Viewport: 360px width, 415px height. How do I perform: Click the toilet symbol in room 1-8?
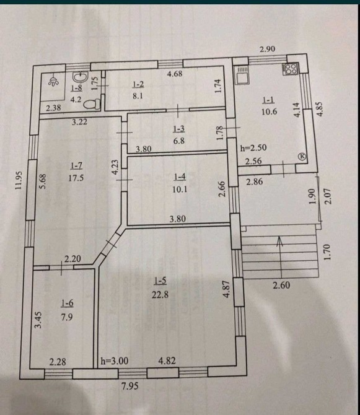tap(92, 104)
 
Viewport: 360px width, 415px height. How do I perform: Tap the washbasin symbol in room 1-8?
tap(81, 77)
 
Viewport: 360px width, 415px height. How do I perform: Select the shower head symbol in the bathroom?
tap(53, 82)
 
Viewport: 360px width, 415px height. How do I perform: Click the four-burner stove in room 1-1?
tap(291, 69)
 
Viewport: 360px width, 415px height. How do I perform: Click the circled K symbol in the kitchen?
tap(302, 156)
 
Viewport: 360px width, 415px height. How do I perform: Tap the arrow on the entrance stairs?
tap(280, 256)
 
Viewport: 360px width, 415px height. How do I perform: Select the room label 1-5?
tap(160, 281)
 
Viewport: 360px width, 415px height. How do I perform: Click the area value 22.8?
tap(160, 294)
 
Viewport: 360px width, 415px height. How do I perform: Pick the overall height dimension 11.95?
tap(19, 180)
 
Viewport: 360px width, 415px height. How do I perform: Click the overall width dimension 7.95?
tap(130, 386)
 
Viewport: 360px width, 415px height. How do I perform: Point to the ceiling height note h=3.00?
tap(115, 360)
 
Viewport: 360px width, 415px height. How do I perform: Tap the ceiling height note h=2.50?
tap(253, 147)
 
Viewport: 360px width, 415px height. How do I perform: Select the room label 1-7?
tap(76, 166)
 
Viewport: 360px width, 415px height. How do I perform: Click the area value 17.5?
tap(76, 178)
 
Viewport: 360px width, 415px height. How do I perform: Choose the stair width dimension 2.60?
tap(281, 286)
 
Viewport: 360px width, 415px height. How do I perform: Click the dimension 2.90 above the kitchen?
tap(267, 49)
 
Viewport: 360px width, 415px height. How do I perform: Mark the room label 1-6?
tap(67, 304)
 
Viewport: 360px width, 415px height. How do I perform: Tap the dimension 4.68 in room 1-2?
tap(175, 73)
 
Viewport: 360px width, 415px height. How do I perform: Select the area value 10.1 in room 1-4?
tap(180, 189)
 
